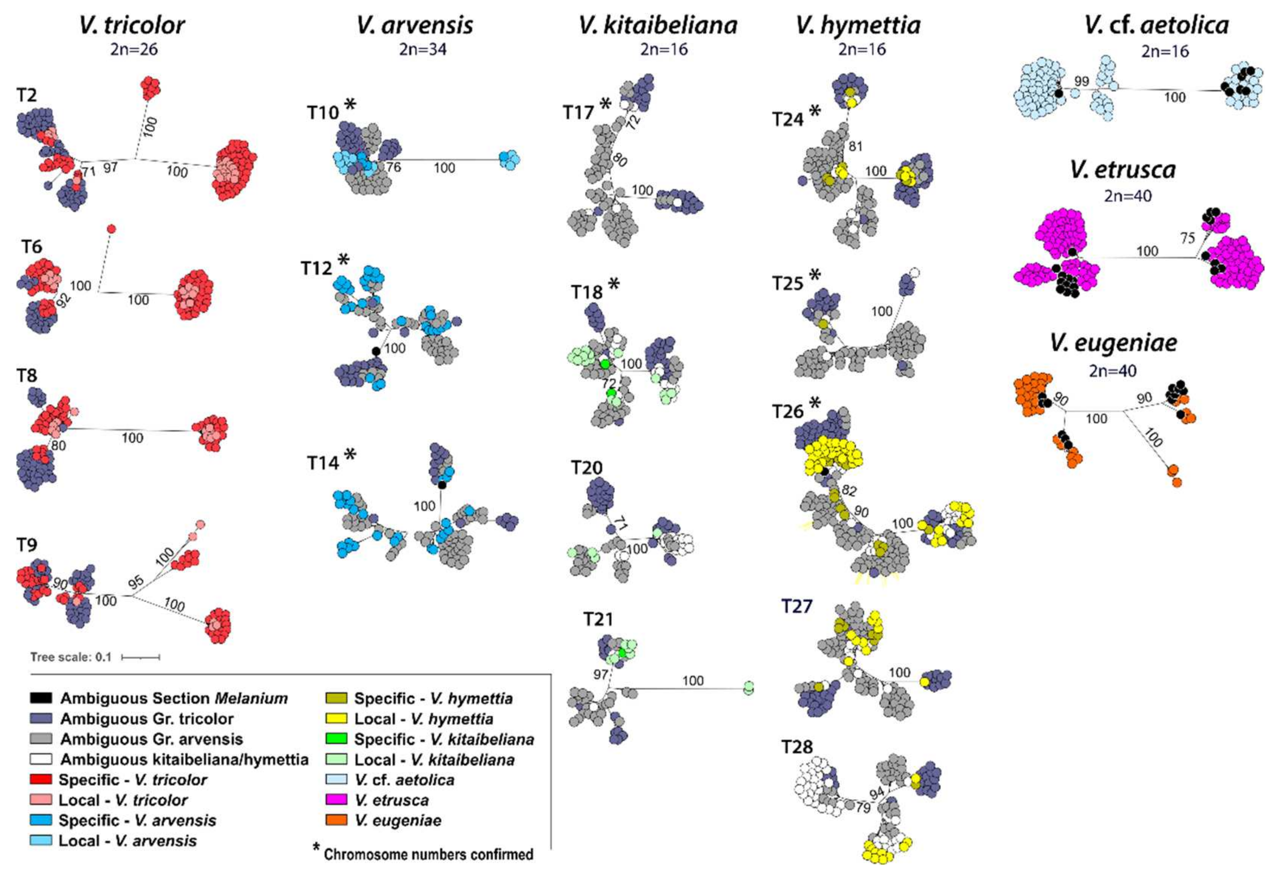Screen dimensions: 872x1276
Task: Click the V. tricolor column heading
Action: tap(132, 25)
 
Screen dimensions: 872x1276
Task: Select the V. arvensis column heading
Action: tap(415, 25)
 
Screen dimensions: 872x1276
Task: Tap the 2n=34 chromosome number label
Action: tap(422, 49)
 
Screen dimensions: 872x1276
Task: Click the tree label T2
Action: tap(27, 95)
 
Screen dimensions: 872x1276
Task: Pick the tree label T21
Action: tap(598, 619)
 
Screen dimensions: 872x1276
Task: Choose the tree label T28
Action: tap(796, 747)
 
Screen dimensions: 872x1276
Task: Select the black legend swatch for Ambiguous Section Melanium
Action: tap(41, 698)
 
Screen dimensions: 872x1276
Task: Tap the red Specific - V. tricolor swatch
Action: tap(41, 779)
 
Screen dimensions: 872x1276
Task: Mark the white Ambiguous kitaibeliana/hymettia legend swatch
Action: tap(41, 759)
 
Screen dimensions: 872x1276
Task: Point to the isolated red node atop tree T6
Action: tap(111, 229)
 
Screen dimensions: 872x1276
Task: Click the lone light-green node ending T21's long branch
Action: tap(748, 687)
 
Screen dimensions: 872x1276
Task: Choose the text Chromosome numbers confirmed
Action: tap(428, 854)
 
